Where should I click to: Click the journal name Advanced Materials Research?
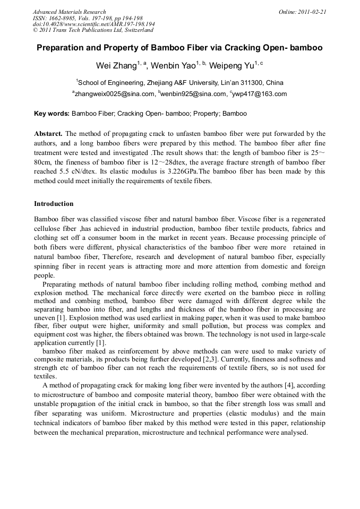pyautogui.click(x=69, y=12)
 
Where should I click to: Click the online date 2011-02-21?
pyautogui.click(x=310, y=12)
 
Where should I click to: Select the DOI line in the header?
pyautogui.click(x=94, y=24)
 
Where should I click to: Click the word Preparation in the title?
pyautogui.click(x=59, y=48)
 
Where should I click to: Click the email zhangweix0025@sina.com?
pyautogui.click(x=114, y=94)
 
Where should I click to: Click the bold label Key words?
pyautogui.click(x=52, y=114)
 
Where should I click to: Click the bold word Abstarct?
pyautogui.click(x=48, y=134)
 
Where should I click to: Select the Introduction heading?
pyautogui.click(x=54, y=204)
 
